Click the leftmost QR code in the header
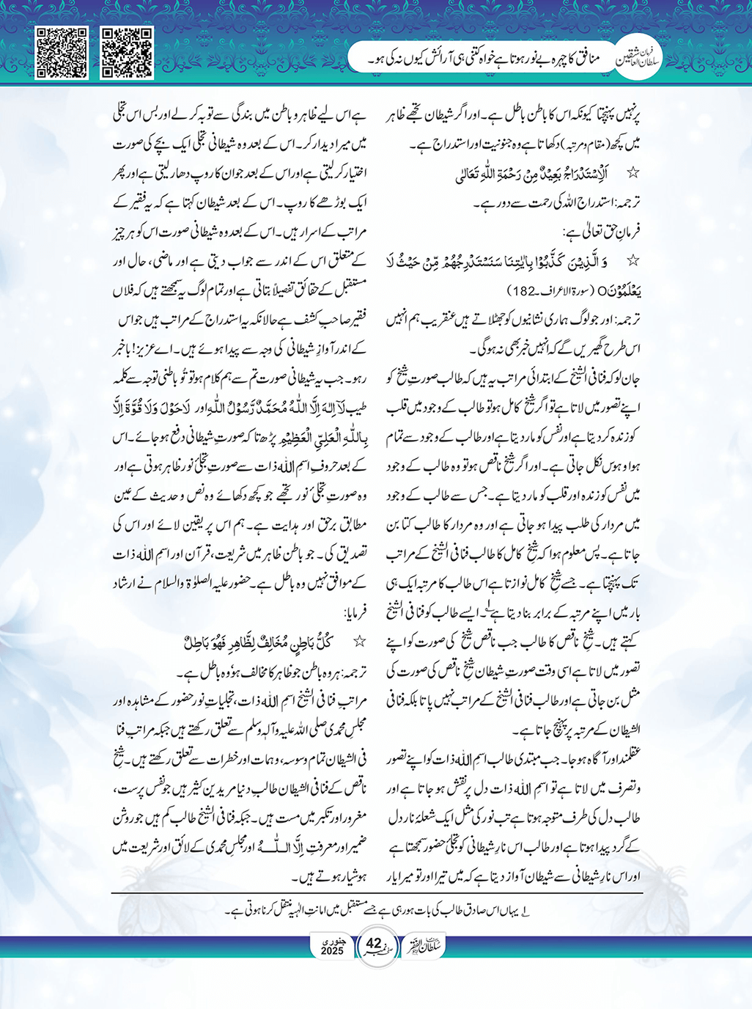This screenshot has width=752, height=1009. pyautogui.click(x=62, y=52)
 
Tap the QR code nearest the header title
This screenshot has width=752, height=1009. pyautogui.click(x=127, y=52)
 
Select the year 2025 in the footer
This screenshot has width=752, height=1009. pyautogui.click(x=333, y=951)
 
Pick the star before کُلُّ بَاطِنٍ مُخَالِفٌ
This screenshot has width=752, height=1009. pyautogui.click(x=359, y=642)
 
